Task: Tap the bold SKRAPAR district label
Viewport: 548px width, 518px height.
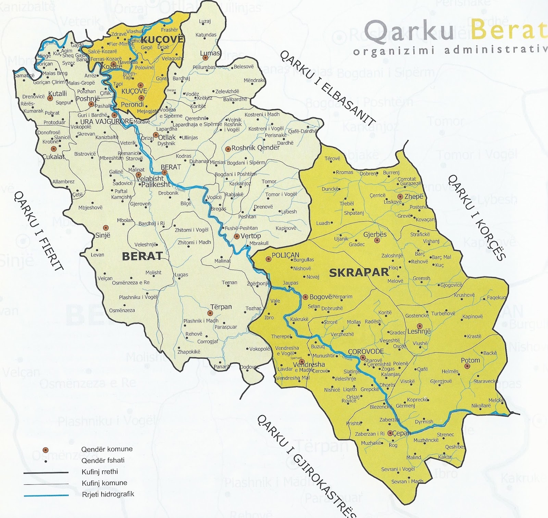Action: pos(359,273)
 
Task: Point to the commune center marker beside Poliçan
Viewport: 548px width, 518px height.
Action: pos(269,259)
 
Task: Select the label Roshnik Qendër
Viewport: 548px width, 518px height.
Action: pos(256,148)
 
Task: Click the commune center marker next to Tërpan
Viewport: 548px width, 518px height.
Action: pos(210,313)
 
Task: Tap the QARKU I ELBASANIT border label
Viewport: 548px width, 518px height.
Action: pos(328,87)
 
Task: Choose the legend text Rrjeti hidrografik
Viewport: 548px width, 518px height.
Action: pos(108,494)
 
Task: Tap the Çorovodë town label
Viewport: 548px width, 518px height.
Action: pos(366,352)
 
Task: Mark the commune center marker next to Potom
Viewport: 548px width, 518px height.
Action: pos(466,366)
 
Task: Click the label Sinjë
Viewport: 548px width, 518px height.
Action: pos(103,235)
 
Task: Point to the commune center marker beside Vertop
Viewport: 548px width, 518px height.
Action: pos(236,236)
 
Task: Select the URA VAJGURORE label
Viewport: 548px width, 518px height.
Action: pos(106,122)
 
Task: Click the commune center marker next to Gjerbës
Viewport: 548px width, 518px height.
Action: pos(377,241)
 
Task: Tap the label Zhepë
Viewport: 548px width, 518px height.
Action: pos(414,197)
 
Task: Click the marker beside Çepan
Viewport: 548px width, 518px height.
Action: pos(390,433)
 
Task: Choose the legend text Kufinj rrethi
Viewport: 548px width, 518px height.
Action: pos(100,472)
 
